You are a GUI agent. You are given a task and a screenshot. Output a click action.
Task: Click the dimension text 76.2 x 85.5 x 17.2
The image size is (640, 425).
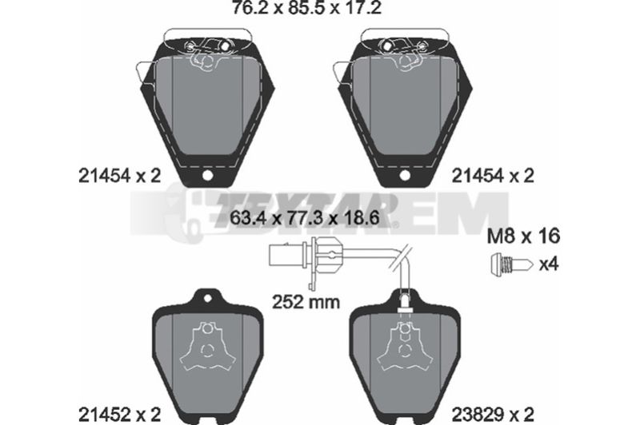[306, 7]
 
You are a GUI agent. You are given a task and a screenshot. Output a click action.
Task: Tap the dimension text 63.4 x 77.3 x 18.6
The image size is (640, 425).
[306, 218]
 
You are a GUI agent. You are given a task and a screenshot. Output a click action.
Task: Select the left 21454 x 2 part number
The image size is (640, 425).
[120, 176]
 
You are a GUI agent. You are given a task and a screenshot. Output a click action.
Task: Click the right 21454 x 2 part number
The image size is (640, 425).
[493, 176]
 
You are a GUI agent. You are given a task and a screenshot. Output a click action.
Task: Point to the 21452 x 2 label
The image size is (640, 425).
[120, 415]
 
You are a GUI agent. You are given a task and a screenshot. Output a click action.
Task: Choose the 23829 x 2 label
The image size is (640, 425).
[493, 415]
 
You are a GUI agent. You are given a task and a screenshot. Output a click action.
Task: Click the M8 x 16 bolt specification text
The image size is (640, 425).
[524, 236]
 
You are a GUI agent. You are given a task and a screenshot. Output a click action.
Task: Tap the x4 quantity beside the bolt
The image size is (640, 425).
[549, 264]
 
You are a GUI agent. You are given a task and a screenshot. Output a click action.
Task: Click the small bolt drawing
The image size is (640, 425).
[511, 264]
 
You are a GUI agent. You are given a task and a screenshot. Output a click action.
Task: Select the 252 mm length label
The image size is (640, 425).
[306, 302]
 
